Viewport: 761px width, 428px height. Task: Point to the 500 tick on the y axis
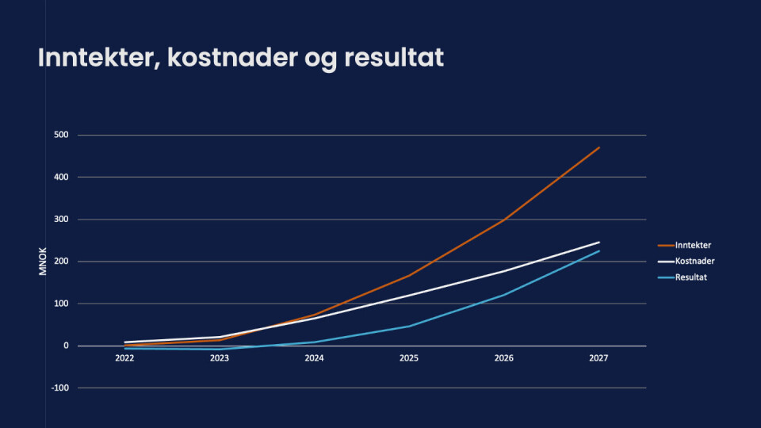tap(62, 135)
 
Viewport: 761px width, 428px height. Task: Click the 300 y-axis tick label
tap(62, 220)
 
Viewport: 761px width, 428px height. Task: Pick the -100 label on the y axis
tap(60, 388)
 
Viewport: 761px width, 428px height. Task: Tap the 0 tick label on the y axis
tap(66, 346)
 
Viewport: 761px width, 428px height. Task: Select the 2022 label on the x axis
tap(124, 358)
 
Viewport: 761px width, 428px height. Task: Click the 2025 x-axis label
tap(409, 358)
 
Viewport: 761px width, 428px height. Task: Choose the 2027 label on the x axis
tap(598, 358)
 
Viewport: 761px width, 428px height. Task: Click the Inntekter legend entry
tap(694, 245)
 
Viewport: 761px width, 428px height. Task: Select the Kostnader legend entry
tap(694, 261)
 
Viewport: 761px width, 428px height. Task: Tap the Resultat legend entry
tap(692, 277)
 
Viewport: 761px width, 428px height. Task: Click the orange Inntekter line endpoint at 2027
tap(599, 147)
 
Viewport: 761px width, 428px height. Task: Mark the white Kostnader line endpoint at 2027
tap(599, 243)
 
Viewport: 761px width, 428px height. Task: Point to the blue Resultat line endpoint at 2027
tap(599, 250)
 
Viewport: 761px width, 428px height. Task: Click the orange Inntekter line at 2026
tap(504, 220)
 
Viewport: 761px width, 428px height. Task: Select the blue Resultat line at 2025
tap(409, 326)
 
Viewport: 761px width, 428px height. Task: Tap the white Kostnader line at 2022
tap(125, 342)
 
